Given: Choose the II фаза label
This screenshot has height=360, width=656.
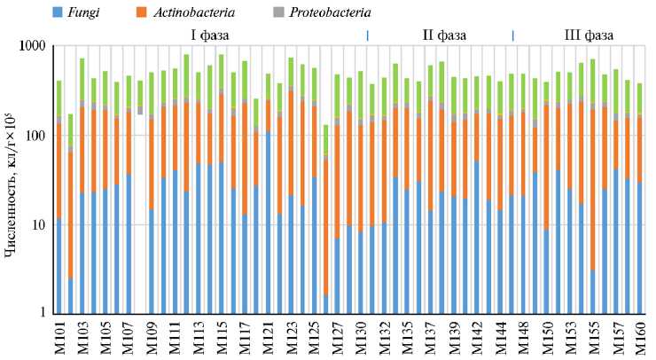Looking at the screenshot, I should click(443, 35).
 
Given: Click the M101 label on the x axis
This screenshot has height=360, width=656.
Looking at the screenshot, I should click(59, 338).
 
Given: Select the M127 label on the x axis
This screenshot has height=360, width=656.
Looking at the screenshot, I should click(326, 338).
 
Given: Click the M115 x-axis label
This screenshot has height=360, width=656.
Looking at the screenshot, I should click(221, 338).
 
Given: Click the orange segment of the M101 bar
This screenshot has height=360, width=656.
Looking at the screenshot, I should click(59, 168).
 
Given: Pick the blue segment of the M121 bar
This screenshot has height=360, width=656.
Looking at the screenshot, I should click(268, 222).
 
